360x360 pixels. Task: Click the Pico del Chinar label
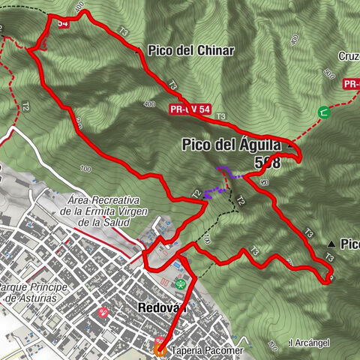click(x=191, y=51)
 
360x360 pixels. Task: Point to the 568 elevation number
click(x=267, y=163)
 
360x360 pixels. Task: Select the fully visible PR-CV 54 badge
click(x=190, y=110)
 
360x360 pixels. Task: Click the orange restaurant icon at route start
click(x=160, y=349)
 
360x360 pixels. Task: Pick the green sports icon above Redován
click(x=181, y=284)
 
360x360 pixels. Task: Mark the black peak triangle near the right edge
click(x=331, y=244)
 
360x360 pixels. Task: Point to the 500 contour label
click(x=328, y=73)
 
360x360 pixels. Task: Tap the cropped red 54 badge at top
click(x=62, y=23)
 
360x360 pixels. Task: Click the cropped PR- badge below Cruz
click(x=351, y=85)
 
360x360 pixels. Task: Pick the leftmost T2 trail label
click(x=25, y=107)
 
